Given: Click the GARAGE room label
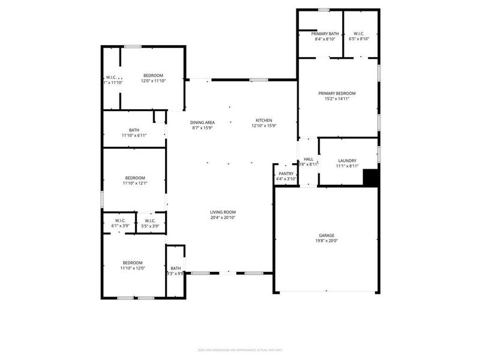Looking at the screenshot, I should point(326,235).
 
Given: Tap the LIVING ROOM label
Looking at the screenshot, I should point(223,212).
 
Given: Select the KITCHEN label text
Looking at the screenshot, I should point(263,120).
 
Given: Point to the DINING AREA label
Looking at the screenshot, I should point(203,122).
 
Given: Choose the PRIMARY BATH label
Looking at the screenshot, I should point(325,34).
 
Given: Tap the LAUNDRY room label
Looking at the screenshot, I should point(347,160).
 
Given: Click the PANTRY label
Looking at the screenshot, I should point(286,173).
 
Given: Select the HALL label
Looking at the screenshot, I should point(308,158).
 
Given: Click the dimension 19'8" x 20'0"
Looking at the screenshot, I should point(326,241).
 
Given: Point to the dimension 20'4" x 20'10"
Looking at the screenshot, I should point(223,218).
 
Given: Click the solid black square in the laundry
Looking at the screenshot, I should point(371,178).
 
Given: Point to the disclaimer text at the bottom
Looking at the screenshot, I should point(240,350).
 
